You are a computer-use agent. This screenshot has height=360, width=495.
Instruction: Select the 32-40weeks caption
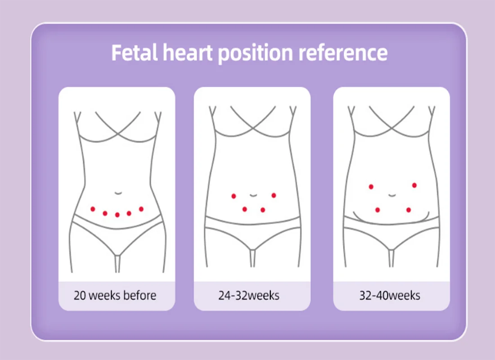click(390, 296)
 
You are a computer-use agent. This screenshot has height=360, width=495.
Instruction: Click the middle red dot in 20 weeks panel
click(117, 215)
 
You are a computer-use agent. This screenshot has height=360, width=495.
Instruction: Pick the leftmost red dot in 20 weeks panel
click(93, 209)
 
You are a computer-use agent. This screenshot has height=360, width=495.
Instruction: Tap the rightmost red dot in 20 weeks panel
click(141, 209)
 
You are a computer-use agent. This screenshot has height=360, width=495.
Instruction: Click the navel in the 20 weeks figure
click(117, 193)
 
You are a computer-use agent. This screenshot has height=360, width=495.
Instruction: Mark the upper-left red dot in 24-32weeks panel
click(234, 196)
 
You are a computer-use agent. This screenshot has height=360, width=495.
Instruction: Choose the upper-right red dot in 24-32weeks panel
click(274, 195)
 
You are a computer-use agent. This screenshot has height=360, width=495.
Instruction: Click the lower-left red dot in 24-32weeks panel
click(244, 209)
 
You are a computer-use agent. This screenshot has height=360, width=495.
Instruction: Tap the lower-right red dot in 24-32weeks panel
click(263, 210)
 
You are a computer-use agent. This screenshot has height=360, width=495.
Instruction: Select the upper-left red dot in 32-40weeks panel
click(371, 186)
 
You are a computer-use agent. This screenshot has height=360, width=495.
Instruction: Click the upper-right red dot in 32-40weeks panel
click(414, 185)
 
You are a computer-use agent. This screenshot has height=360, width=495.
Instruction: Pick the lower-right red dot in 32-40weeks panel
click(409, 210)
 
